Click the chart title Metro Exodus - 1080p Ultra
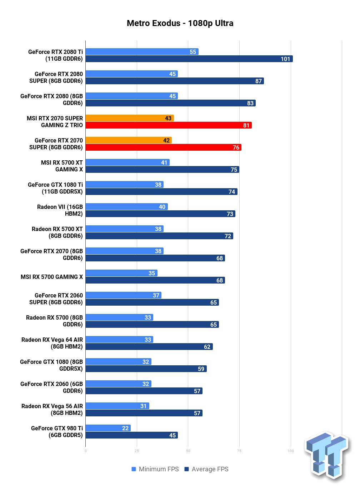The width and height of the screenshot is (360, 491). [180, 23]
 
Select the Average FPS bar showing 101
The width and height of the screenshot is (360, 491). [189, 59]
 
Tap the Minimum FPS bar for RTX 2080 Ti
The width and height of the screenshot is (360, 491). [142, 52]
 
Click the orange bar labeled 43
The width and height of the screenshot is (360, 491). [130, 118]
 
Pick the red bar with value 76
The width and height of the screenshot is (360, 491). [163, 147]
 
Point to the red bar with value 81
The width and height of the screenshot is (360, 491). [168, 125]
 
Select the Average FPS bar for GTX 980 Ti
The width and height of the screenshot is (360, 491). [131, 435]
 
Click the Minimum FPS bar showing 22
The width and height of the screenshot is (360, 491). [108, 428]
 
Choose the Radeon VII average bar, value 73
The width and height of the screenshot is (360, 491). [160, 214]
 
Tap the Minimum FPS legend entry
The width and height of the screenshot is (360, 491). [155, 469]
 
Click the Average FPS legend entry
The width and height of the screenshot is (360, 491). [206, 469]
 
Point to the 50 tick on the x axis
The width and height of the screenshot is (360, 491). [188, 451]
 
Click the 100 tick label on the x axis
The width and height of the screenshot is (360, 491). [290, 451]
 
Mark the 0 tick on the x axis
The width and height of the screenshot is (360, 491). [85, 451]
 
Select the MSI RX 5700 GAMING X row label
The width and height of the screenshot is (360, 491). [52, 277]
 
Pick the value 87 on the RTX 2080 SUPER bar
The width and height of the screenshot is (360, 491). [259, 81]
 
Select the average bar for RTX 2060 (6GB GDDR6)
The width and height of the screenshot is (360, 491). [144, 391]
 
